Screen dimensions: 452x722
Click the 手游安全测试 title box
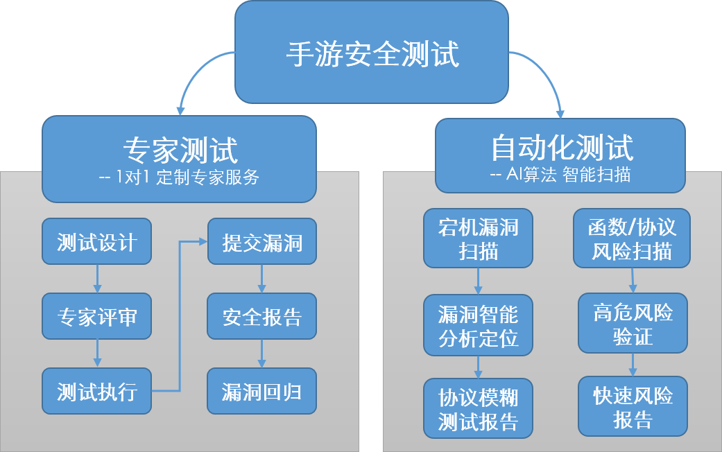[372, 52]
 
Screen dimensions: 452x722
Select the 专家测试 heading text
[180, 149]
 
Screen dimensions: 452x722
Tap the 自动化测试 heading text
[561, 147]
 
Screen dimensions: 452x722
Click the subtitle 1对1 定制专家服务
[180, 177]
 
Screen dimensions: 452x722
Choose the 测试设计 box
[96, 242]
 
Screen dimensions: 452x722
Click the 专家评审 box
[96, 317]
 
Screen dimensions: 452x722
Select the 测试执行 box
[96, 391]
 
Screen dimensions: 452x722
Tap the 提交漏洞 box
[261, 242]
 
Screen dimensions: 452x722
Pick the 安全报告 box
[261, 317]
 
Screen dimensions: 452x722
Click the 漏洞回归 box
[261, 391]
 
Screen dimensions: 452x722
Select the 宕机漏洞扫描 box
[478, 238]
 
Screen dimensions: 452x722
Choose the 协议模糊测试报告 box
[478, 409]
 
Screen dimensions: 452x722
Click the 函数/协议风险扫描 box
[631, 238]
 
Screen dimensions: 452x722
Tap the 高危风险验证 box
[633, 324]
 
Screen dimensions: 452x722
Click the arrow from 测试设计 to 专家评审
[96, 279]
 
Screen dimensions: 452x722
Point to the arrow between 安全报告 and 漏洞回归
[261, 354]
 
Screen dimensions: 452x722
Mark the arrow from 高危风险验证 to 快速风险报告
[633, 365]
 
